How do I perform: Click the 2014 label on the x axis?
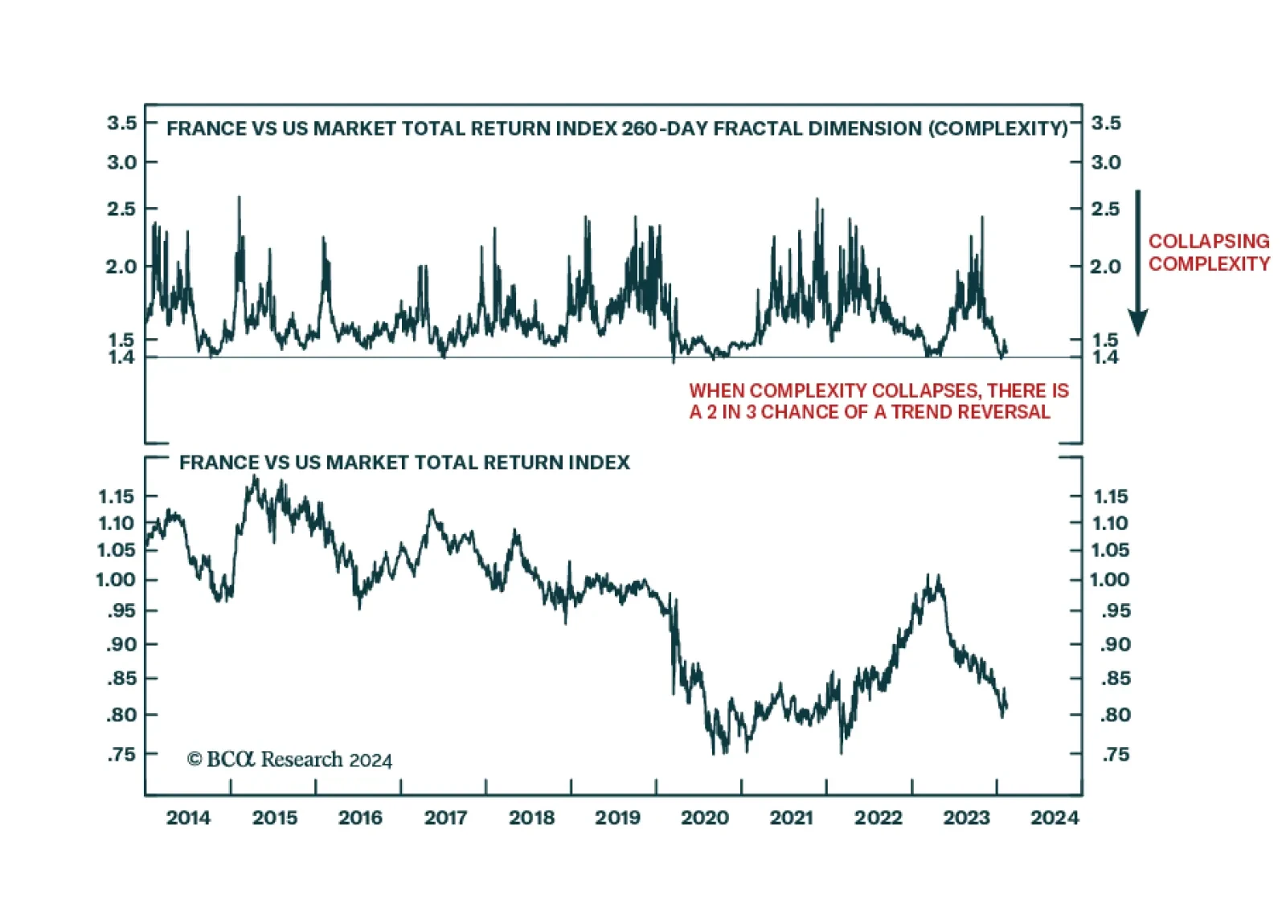coord(188,818)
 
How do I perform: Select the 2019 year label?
coord(617,818)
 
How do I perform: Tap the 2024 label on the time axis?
coord(1055,818)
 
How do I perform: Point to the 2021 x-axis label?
coord(792,818)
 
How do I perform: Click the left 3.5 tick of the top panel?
coord(121,123)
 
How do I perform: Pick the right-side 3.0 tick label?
coord(1106,162)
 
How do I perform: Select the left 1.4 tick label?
coord(121,357)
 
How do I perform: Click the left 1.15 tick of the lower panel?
coord(116,496)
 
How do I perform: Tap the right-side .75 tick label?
coord(1115,754)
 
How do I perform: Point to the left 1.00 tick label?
coord(116,580)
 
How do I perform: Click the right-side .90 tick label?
coord(1115,644)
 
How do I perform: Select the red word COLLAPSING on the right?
coord(1209,241)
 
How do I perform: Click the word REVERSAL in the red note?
coord(1010,412)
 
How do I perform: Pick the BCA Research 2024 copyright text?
coord(289,759)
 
